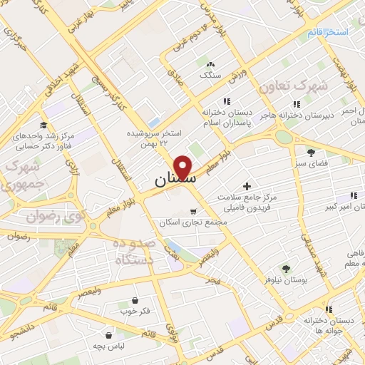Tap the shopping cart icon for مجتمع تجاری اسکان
[x=193, y=212]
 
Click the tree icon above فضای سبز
[x=311, y=152]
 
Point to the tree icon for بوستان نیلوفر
[x=286, y=269]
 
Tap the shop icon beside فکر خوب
[x=135, y=301]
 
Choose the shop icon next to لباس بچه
[x=108, y=334]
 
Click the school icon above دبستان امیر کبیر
[x=354, y=196]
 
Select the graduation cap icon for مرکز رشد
[x=44, y=125]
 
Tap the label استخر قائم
[x=328, y=33]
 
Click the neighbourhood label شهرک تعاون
[x=293, y=86]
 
